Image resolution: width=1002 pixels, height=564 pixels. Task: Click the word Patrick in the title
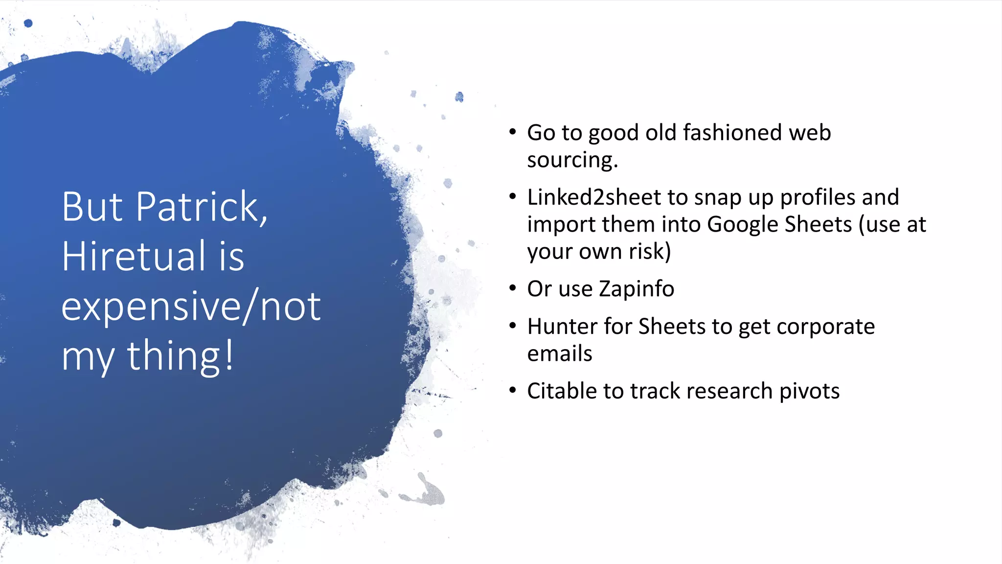point(201,207)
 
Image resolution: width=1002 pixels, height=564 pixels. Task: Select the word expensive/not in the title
point(191,307)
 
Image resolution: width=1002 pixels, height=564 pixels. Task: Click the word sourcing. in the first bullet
point(572,160)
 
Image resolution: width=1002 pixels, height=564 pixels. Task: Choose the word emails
point(559,353)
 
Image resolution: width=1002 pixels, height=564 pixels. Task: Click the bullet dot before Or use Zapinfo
point(512,287)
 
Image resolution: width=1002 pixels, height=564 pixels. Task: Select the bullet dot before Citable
point(512,390)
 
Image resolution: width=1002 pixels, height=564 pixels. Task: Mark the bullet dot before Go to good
point(512,132)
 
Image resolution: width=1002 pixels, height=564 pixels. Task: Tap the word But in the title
point(92,207)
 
